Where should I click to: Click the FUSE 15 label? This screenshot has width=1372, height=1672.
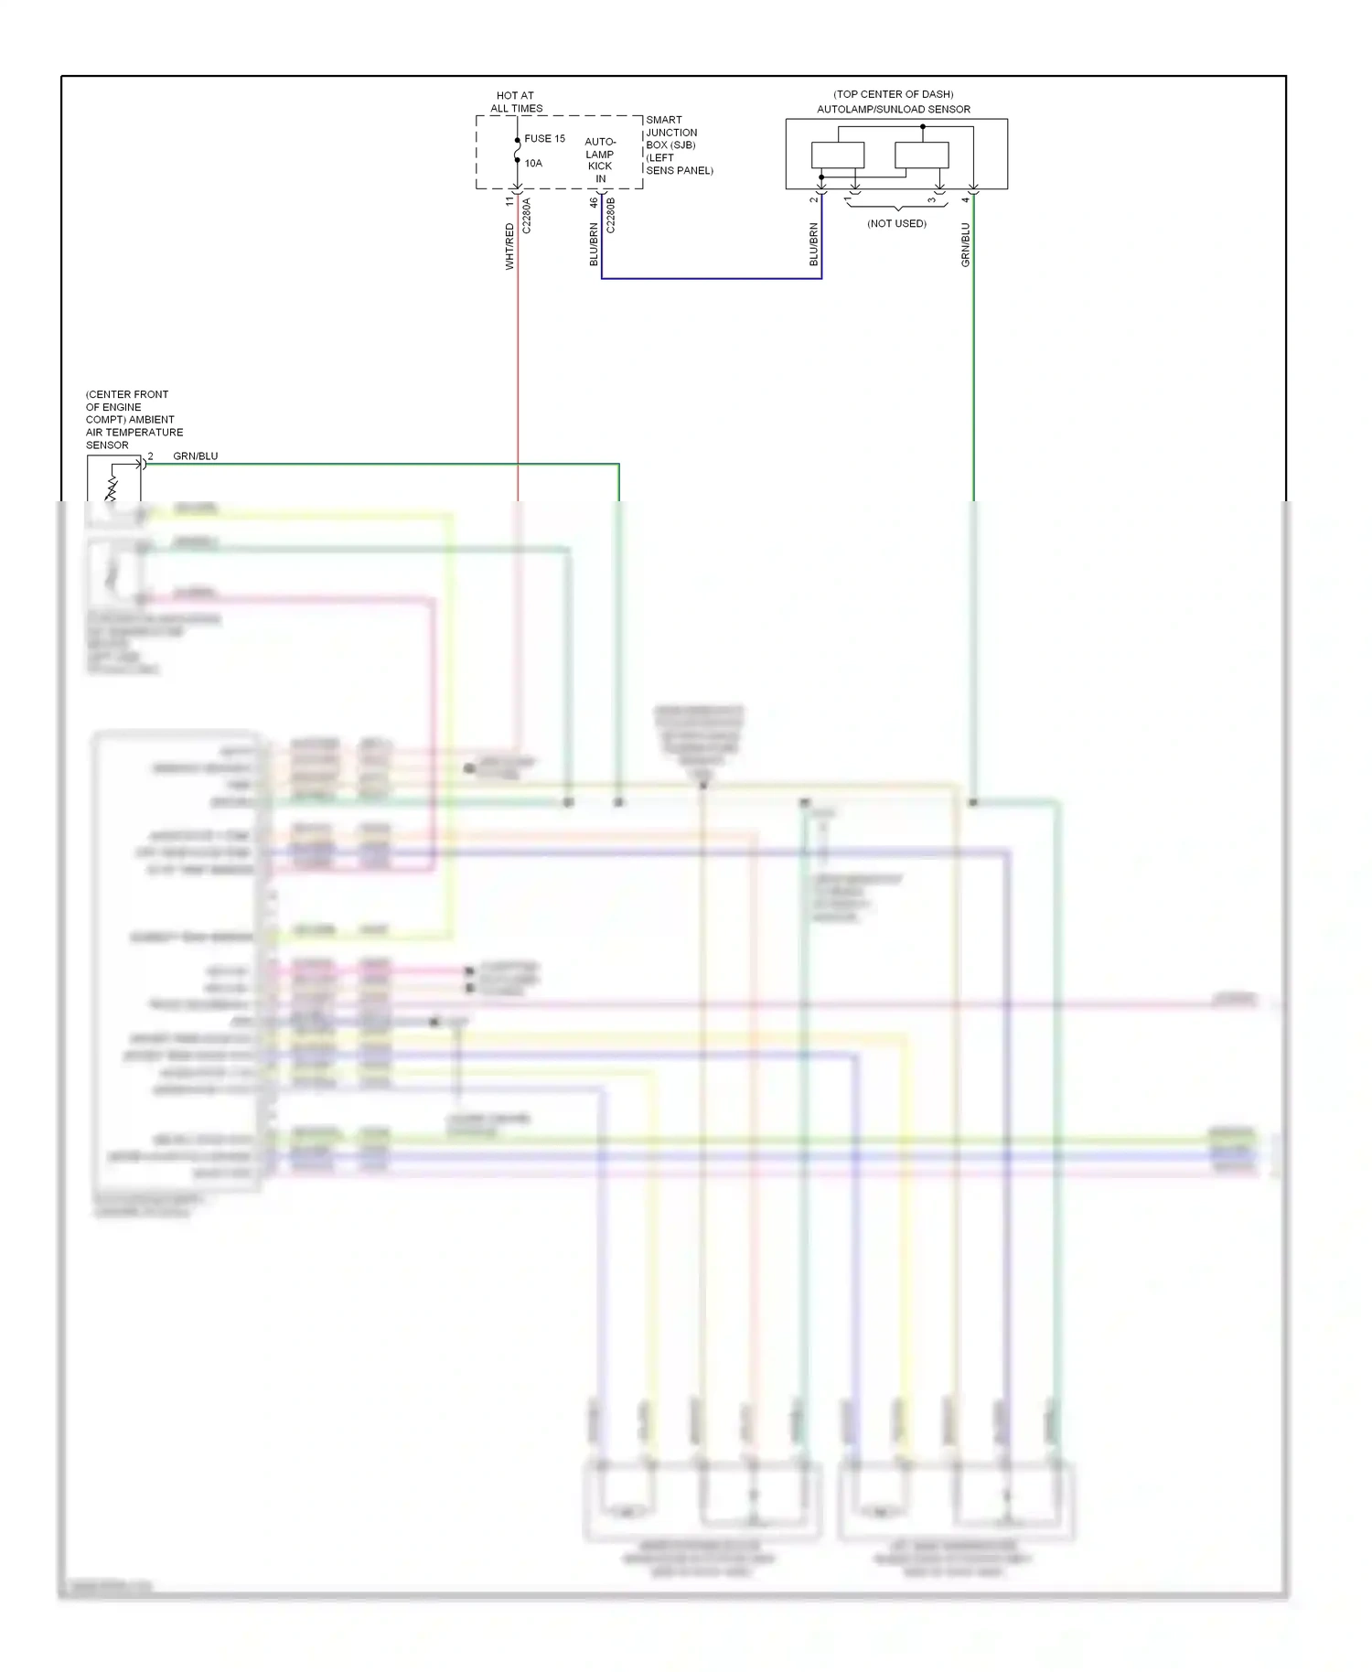tap(544, 139)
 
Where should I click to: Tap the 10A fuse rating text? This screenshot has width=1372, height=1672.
tap(533, 164)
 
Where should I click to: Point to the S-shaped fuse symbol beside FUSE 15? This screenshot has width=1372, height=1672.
tap(518, 151)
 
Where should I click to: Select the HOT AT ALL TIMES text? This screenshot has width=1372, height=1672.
tap(516, 102)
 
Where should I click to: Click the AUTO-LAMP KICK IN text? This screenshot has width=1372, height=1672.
tap(600, 160)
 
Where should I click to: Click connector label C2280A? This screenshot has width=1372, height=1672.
tap(526, 217)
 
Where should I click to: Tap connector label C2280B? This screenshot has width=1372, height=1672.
tap(611, 216)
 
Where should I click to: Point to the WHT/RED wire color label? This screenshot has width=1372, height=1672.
tap(509, 247)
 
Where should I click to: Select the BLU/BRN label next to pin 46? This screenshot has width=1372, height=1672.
tap(594, 244)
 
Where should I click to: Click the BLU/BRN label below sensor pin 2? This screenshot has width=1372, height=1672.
tap(813, 245)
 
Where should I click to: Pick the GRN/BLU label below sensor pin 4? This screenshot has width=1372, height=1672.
tap(965, 245)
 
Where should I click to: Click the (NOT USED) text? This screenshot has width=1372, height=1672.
tap(896, 224)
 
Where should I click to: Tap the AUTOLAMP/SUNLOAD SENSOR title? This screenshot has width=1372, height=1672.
tap(894, 109)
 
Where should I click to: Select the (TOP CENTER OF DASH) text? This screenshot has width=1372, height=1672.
tap(893, 94)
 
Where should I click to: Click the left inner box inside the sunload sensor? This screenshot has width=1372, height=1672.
tap(837, 155)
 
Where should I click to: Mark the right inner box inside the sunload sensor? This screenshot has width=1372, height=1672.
tap(921, 155)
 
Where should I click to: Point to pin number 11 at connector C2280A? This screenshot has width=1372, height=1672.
tap(510, 201)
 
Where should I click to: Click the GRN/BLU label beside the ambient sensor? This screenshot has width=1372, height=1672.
tap(196, 456)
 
